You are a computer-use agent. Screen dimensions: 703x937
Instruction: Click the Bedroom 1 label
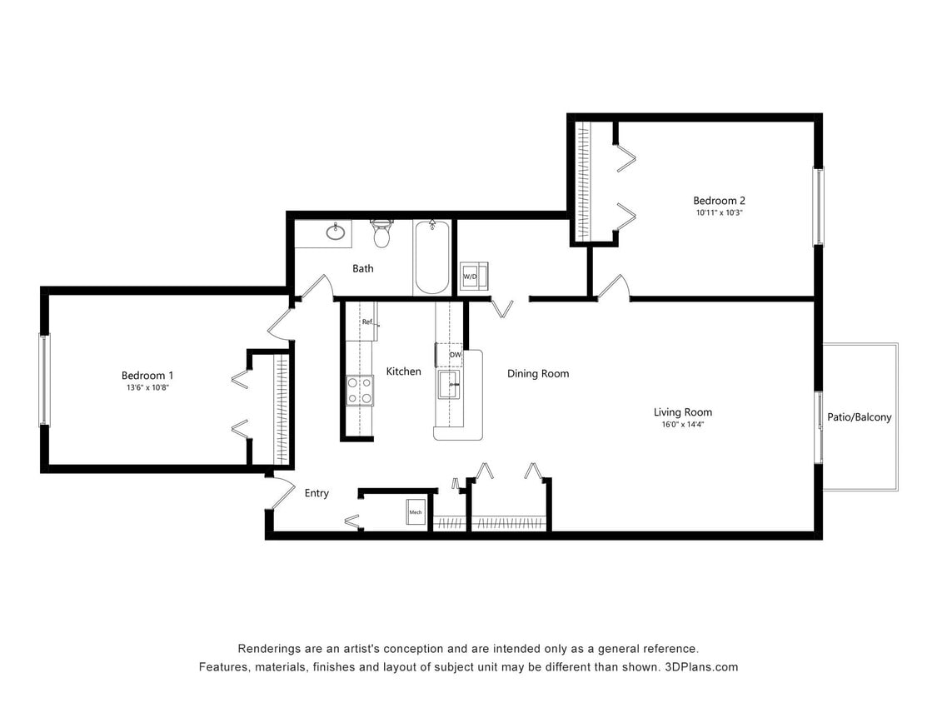pyautogui.click(x=147, y=376)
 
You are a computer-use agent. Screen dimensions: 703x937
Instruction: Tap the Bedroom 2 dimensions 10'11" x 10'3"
pyautogui.click(x=719, y=213)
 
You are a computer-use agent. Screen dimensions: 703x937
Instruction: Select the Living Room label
pyautogui.click(x=682, y=412)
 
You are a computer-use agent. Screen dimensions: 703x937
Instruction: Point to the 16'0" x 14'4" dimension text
pyautogui.click(x=682, y=425)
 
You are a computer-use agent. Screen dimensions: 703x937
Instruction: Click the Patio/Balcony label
pyautogui.click(x=859, y=417)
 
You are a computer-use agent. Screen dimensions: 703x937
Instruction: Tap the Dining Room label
pyautogui.click(x=538, y=374)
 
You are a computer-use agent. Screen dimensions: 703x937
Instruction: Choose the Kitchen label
pyautogui.click(x=403, y=371)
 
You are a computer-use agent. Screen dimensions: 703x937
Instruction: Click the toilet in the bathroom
pyautogui.click(x=381, y=235)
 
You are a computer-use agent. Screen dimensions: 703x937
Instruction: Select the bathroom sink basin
pyautogui.click(x=336, y=232)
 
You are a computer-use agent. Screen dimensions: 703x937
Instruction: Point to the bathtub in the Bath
pyautogui.click(x=431, y=257)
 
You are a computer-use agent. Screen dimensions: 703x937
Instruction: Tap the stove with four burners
pyautogui.click(x=360, y=391)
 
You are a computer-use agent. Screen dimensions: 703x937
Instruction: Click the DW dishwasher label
pyautogui.click(x=455, y=356)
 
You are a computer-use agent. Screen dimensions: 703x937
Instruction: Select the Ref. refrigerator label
pyautogui.click(x=367, y=322)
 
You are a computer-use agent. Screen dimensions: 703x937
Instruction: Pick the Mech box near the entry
pyautogui.click(x=415, y=512)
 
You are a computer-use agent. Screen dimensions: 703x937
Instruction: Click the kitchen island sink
pyautogui.click(x=449, y=386)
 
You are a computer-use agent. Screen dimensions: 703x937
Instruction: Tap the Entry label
pyautogui.click(x=316, y=493)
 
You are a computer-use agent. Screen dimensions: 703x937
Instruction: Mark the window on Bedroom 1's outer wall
pyautogui.click(x=44, y=380)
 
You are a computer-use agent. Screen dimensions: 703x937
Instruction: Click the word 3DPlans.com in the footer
pyautogui.click(x=701, y=667)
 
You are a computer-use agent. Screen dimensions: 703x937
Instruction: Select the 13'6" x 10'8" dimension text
pyautogui.click(x=147, y=388)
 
